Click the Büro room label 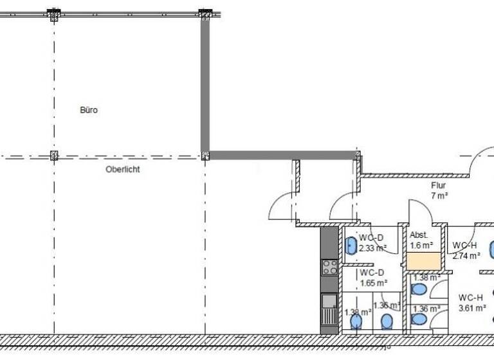coord(89,111)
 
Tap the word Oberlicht coord(122,170)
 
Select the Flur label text coord(439,186)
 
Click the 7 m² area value coord(439,195)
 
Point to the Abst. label coord(418,235)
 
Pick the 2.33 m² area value coord(372,248)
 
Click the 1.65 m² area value coord(372,282)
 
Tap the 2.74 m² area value coord(466,255)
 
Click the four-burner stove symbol coord(329,267)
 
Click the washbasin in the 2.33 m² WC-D coord(351,246)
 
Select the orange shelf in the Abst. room coord(423,262)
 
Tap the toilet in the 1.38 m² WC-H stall coord(419,289)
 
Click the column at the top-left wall coord(54,14)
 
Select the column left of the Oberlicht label coord(54,156)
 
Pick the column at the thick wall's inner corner coord(205,156)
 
